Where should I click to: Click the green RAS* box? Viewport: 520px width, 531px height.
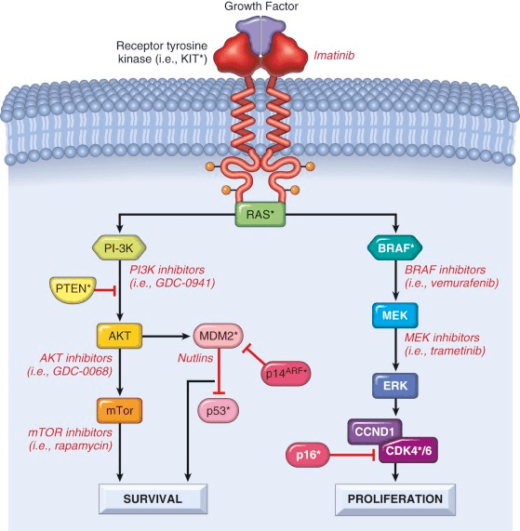pos(260,214)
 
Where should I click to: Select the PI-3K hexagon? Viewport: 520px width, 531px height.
pos(119,248)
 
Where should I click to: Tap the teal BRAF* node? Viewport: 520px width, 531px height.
pos(395,248)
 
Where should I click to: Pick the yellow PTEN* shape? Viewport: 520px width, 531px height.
pos(73,289)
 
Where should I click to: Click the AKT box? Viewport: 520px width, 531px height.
pos(119,336)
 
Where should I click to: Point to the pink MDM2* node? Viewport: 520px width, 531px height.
pos(219,336)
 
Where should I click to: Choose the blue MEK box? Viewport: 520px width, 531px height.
pos(395,315)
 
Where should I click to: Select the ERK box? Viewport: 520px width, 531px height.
pos(395,386)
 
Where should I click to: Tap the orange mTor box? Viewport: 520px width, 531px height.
pos(119,410)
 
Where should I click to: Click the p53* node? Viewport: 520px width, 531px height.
pos(219,411)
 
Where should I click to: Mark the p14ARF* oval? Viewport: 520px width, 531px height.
pos(286,373)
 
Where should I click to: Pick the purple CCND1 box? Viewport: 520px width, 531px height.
pos(375,431)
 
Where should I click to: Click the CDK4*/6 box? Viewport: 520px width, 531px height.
pos(408,451)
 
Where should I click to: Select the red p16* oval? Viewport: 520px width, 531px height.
pos(308,455)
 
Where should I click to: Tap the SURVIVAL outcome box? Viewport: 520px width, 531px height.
pos(153,498)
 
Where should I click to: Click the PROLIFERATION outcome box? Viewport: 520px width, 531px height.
pos(395,499)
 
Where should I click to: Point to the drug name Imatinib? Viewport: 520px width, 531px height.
pos(334,55)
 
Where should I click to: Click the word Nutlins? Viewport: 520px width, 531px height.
pos(195,358)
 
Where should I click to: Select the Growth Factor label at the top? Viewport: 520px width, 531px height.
pos(261,7)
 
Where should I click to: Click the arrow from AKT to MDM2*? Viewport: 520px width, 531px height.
pos(166,336)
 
